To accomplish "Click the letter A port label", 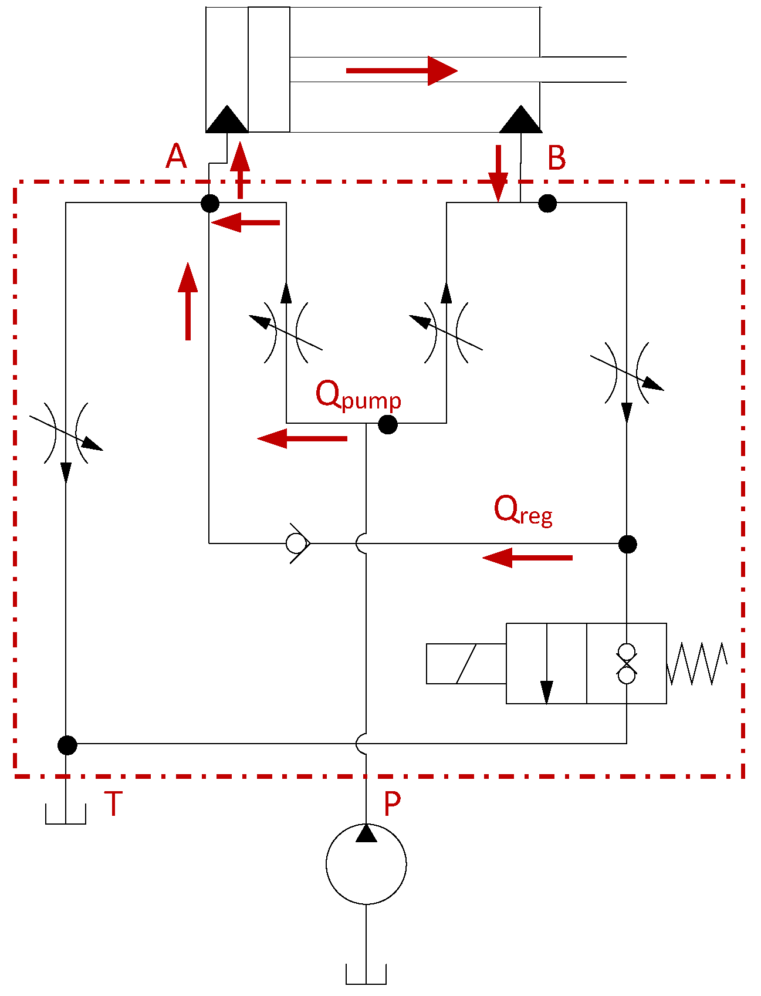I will tap(176, 157).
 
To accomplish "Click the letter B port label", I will tap(556, 158).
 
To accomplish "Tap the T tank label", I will tap(113, 803).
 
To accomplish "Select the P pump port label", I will tap(392, 803).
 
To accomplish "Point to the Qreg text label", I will tap(522, 511).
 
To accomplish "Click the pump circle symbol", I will tap(366, 864).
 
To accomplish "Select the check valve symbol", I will tap(297, 543).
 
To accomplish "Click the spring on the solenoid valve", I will tap(697, 664).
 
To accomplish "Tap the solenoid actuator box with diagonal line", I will tap(466, 664).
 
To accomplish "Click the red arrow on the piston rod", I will tap(401, 71).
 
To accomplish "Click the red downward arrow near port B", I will tap(498, 173).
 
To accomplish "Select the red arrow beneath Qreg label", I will tap(527, 557).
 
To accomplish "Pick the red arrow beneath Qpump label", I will tap(302, 438).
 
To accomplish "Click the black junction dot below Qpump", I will tap(388, 424).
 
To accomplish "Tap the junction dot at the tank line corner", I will tap(67, 745).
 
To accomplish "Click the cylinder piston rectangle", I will tap(269, 69).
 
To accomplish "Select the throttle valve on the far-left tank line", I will tap(66, 433).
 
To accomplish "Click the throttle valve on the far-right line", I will tap(627, 373).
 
